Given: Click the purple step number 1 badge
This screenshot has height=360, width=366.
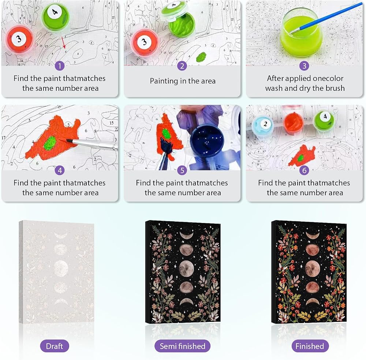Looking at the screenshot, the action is tap(60, 66).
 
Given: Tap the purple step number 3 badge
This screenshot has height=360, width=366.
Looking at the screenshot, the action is tap(304, 66).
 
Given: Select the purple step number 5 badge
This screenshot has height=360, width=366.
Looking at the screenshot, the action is tap(182, 171).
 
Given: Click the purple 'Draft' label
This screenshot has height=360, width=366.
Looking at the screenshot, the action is tap(55, 346).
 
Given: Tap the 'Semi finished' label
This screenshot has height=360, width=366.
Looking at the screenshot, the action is tap(182, 346).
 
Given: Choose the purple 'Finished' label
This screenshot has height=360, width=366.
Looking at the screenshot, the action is tap(310, 346).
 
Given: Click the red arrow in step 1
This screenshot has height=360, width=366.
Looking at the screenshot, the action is tap(63, 43).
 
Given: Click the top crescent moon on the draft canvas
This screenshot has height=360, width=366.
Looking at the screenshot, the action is tap(61, 234).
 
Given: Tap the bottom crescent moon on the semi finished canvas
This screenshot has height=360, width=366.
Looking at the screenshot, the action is tap(187, 302).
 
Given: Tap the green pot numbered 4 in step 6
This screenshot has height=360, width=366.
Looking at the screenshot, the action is tap(324, 120).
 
